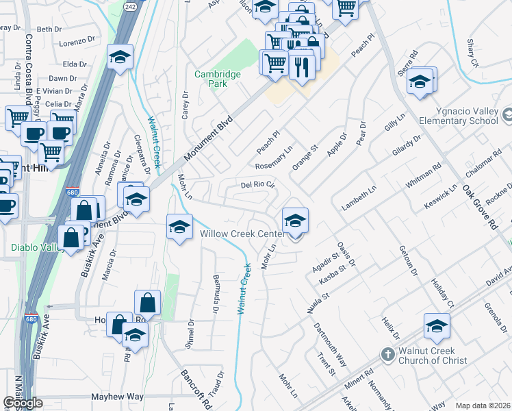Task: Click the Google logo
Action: point(23,403)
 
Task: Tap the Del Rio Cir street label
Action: point(257,185)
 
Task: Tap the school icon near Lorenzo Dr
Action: point(120,59)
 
